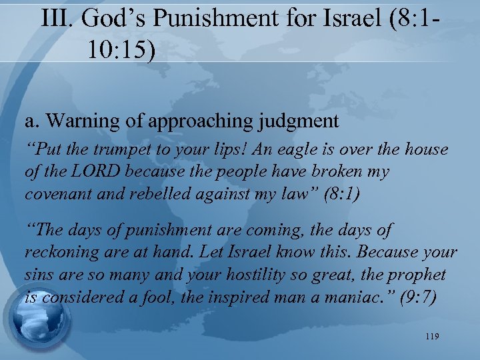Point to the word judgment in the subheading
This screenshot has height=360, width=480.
[301, 121]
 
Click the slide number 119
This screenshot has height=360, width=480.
[431, 337]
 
